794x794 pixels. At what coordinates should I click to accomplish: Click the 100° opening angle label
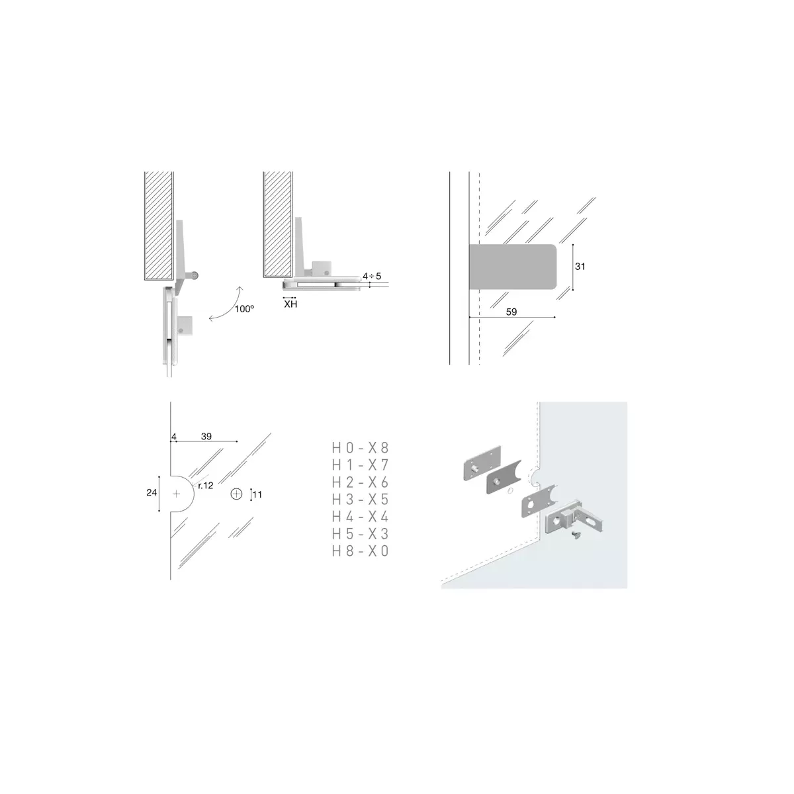tap(244, 308)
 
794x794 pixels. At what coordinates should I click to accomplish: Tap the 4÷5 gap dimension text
tap(372, 276)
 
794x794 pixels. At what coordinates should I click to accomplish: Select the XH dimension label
tap(290, 304)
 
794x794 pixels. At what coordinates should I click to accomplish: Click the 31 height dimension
tap(580, 267)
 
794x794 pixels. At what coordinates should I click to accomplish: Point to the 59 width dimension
tap(511, 312)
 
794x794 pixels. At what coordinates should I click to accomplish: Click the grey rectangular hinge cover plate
tap(513, 267)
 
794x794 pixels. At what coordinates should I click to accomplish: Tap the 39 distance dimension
tap(206, 436)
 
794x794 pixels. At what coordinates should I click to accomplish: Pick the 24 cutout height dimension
tap(152, 492)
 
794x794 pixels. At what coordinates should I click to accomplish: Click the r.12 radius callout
tap(206, 486)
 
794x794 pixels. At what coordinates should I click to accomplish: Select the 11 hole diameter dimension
tap(257, 494)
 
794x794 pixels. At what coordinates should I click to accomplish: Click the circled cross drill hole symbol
tap(236, 494)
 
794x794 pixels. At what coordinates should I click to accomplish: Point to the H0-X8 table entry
tap(360, 448)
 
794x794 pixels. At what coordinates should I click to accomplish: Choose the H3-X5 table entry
tap(360, 500)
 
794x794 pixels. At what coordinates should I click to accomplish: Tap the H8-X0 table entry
tap(360, 551)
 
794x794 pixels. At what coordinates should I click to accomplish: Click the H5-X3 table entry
tap(360, 533)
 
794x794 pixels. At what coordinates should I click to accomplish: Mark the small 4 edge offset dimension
tap(174, 437)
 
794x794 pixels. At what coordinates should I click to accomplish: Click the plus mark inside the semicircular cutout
tap(177, 494)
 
